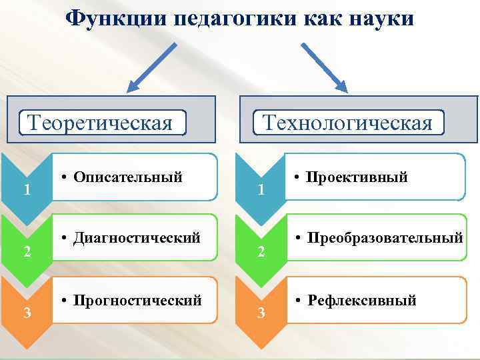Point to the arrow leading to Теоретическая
coord(152,67)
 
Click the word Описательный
coord(128,177)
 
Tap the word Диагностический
coord(137,237)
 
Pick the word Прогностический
coord(138,301)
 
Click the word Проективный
coord(357,177)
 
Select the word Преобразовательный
coord(385,237)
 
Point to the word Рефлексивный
coord(362,301)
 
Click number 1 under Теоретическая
coord(26,190)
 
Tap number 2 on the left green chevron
coord(26,251)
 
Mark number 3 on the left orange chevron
coord(26,313)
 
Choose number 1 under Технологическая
coord(261,190)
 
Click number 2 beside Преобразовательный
coord(261,251)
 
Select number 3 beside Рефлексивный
coord(261,313)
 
